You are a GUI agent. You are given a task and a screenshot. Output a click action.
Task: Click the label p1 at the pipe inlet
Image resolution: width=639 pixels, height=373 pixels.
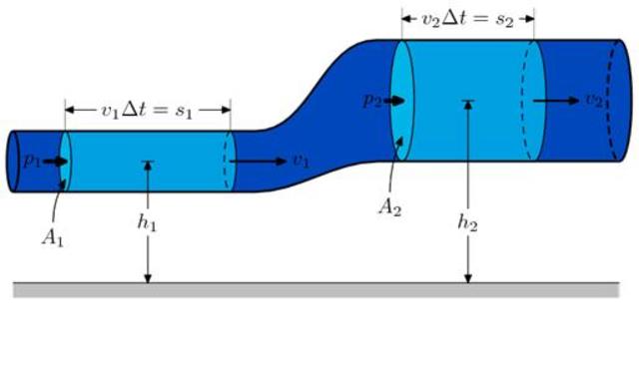(32, 161)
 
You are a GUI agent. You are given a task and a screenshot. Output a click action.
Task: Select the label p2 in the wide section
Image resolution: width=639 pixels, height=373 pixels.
(372, 100)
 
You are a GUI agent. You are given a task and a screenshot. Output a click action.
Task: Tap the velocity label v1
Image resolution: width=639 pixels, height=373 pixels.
(302, 162)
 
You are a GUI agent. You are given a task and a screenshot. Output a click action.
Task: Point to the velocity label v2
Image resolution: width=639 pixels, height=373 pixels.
(594, 100)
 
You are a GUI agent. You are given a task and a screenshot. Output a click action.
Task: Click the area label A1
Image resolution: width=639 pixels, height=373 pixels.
(53, 238)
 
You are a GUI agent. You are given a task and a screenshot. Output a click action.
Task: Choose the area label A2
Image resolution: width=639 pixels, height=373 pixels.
(390, 207)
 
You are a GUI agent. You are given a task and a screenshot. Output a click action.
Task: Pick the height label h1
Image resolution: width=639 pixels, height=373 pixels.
(147, 222)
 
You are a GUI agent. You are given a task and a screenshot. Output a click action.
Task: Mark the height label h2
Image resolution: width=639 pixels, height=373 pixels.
(467, 222)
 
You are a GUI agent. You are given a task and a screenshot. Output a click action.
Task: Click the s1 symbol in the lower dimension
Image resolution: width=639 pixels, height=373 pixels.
(184, 111)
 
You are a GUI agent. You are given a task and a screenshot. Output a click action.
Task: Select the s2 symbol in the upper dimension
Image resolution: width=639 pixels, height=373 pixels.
(504, 20)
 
